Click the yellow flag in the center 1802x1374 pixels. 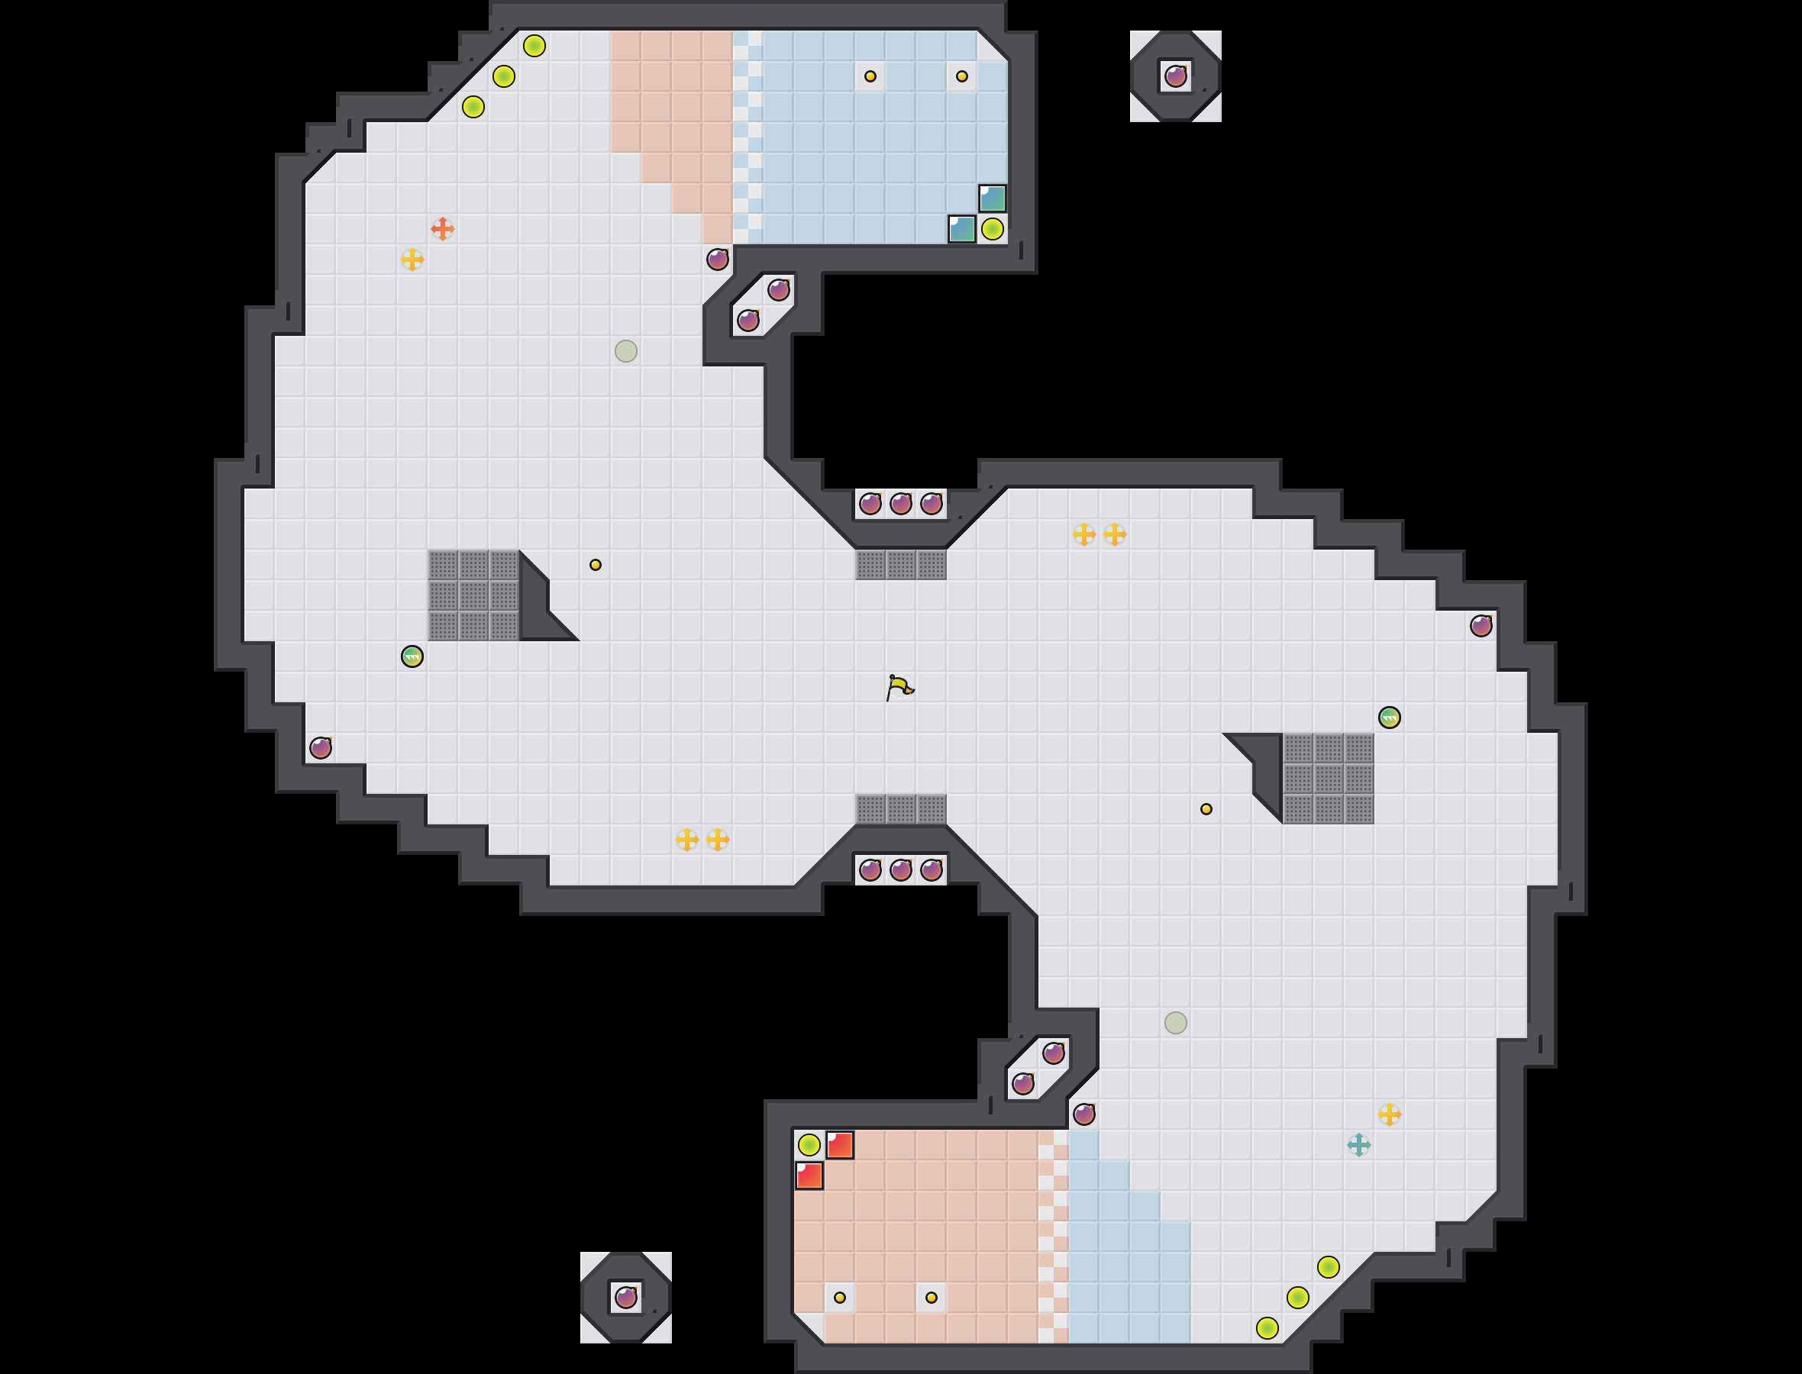[899, 687]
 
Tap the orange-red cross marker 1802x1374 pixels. [443, 229]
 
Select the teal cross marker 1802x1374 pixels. [1358, 1145]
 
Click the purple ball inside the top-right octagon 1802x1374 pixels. [1175, 76]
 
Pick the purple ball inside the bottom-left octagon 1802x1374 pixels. [626, 1297]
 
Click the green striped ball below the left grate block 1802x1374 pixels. [412, 656]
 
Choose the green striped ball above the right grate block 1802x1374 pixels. [1389, 718]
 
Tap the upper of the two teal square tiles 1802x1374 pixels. [992, 198]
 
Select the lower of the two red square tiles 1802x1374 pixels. [809, 1176]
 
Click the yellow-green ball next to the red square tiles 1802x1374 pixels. [809, 1144]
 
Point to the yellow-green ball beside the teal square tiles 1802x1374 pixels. [992, 229]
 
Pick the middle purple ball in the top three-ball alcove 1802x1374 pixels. [900, 504]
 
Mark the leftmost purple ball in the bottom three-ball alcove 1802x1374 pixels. [870, 869]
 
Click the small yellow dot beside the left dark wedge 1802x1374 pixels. [596, 564]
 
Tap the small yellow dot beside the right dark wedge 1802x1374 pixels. [1206, 809]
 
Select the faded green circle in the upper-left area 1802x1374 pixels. [626, 351]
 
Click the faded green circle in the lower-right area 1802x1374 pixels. [1175, 1022]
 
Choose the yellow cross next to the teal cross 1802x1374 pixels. [1389, 1114]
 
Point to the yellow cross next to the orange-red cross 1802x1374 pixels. [412, 260]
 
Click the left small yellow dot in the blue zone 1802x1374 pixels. [870, 76]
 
